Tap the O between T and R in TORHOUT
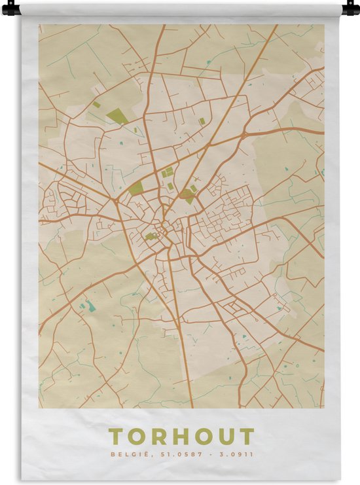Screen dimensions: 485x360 tap(137, 437)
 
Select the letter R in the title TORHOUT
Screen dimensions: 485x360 tap(159, 437)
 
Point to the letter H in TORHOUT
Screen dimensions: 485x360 tap(181, 437)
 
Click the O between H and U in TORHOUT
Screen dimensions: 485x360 tap(203, 437)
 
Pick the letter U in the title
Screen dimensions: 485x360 tap(225, 437)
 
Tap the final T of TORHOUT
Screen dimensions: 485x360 tap(246, 437)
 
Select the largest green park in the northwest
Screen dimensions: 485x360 tap(117, 117)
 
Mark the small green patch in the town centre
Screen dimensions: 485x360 tap(151, 236)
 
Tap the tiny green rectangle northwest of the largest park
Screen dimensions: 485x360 tap(96, 104)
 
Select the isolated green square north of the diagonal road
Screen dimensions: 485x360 tap(202, 121)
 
